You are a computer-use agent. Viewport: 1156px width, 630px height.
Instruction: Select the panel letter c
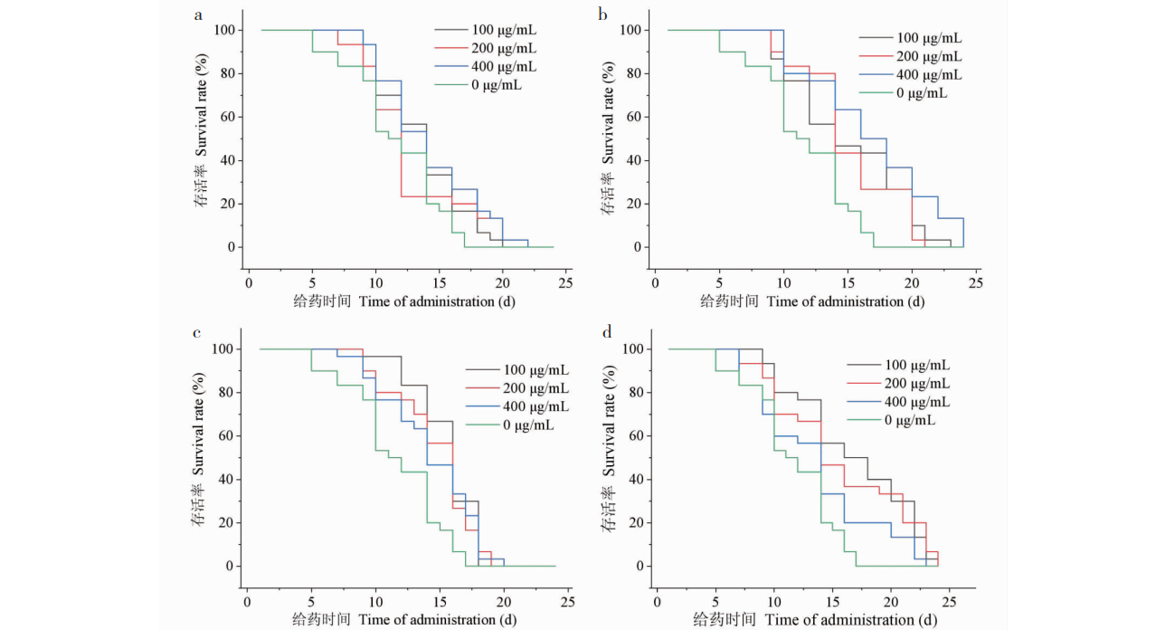[x=197, y=332]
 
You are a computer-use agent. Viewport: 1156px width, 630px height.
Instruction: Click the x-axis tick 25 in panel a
[x=565, y=282]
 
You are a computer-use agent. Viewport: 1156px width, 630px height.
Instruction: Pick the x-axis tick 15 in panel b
[x=848, y=282]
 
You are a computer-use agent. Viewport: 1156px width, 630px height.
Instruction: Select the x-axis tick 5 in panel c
[x=311, y=601]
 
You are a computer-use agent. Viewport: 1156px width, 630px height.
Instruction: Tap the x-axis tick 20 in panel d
[x=891, y=601]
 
